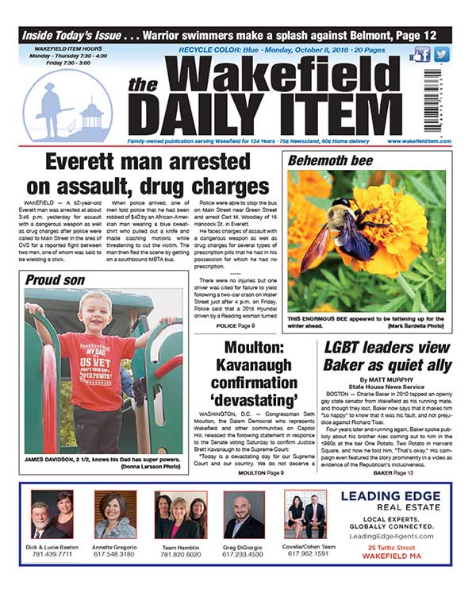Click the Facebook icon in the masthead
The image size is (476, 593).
click(x=420, y=55)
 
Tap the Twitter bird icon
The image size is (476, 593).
click(x=441, y=55)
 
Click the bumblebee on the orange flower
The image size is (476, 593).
click(x=348, y=231)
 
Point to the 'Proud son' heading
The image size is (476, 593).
click(x=56, y=279)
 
